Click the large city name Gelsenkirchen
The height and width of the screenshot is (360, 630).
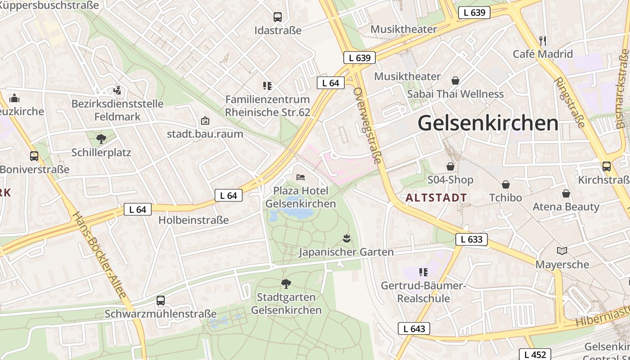point(488,123)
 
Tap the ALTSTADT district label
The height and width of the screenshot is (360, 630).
point(436,198)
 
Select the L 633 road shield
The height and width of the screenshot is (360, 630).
point(472,239)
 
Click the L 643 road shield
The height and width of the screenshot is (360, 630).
point(414,328)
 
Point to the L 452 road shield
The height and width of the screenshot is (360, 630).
point(535,354)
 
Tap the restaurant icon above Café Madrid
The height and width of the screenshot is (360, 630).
point(543,40)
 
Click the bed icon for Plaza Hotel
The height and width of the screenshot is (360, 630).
point(301,177)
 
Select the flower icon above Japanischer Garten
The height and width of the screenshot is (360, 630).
point(346,238)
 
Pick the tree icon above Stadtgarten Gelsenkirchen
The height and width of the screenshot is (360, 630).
point(286,283)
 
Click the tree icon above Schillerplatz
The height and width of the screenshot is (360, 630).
point(101,139)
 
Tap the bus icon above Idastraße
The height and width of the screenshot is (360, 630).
point(278,17)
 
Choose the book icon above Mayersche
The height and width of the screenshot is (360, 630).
point(562,251)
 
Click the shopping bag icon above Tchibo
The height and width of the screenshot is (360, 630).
point(506,184)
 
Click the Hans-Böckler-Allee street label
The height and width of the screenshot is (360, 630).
point(99,254)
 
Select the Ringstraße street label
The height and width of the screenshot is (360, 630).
point(569,103)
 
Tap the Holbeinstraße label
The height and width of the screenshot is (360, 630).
point(193,220)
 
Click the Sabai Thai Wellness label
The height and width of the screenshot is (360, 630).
point(455,94)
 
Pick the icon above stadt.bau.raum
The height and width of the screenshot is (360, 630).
point(205,121)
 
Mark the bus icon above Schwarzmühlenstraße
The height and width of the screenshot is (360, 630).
point(161,300)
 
